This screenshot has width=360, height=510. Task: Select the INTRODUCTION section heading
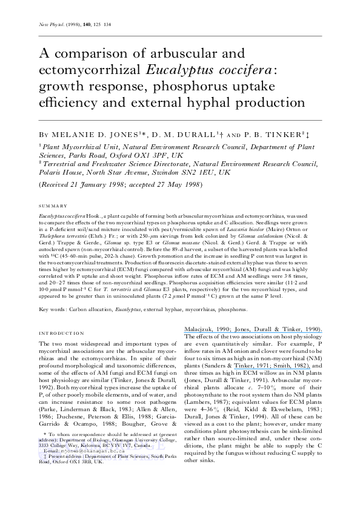pyautogui.click(x=62, y=334)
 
